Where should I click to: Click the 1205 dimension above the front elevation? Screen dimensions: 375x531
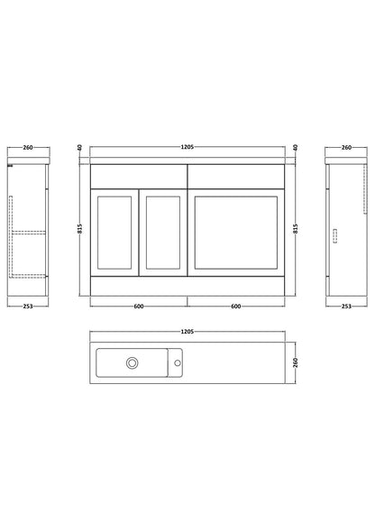click(187, 147)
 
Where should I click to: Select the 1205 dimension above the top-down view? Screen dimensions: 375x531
click(187, 332)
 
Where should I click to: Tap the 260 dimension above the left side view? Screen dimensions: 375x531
click(28, 147)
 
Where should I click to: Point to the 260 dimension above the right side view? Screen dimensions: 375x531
click(346, 147)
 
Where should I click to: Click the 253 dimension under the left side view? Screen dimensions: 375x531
click(28, 307)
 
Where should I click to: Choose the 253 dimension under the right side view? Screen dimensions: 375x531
click(346, 307)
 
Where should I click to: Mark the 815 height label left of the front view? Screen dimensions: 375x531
click(80, 229)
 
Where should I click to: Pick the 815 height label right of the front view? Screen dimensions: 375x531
click(296, 229)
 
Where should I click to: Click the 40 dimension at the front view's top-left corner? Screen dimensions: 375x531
click(80, 148)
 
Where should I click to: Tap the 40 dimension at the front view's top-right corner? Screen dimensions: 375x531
click(296, 148)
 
